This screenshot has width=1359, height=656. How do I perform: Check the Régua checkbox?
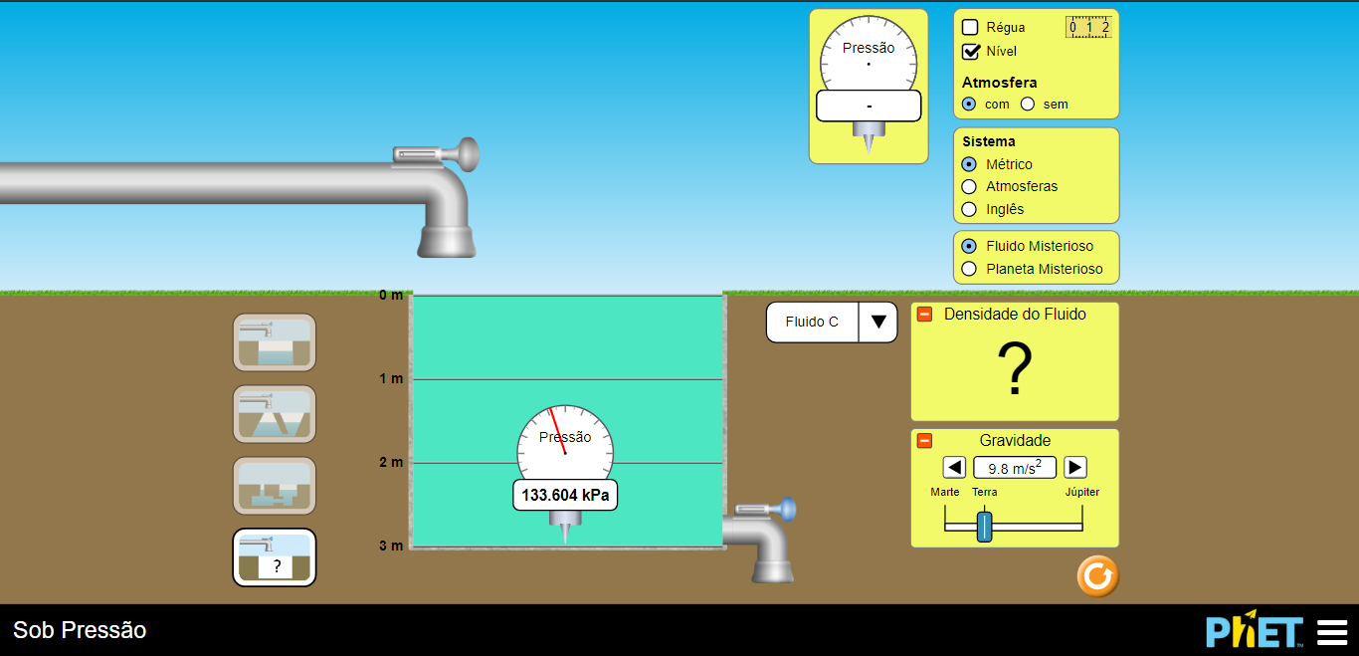(x=971, y=28)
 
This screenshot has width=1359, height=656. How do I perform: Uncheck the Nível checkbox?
(x=971, y=52)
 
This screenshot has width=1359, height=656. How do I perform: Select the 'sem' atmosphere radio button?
(x=1028, y=104)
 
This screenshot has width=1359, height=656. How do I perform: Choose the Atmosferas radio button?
(x=969, y=186)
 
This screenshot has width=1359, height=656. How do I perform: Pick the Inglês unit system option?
(x=969, y=209)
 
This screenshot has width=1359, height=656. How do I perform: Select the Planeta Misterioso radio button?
(x=969, y=269)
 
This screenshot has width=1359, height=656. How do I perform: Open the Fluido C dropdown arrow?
(x=878, y=323)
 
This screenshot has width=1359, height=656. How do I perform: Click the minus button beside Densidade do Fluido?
(x=924, y=315)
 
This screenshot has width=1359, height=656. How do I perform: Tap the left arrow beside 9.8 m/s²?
(x=954, y=467)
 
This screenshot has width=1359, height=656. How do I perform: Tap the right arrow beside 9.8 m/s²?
(x=1075, y=467)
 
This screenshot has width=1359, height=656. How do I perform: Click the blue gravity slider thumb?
(x=984, y=526)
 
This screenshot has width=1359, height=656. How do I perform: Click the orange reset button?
(x=1097, y=576)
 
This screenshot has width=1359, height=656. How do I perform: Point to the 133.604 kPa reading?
(x=565, y=495)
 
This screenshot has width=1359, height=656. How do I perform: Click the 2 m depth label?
(x=391, y=462)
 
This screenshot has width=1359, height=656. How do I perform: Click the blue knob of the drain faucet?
(x=787, y=510)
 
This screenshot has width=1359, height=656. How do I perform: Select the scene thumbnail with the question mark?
(x=275, y=557)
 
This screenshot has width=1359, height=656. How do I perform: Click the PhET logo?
(x=1254, y=631)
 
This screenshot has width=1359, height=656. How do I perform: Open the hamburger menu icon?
(x=1331, y=631)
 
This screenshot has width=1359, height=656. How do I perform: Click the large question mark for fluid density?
(x=1015, y=369)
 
